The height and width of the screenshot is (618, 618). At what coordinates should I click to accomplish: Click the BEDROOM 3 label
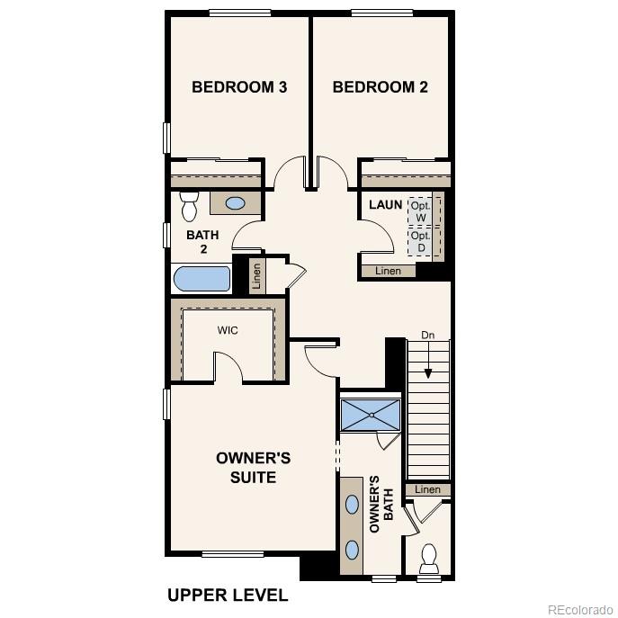click(239, 87)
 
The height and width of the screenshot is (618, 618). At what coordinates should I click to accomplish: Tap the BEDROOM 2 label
click(380, 87)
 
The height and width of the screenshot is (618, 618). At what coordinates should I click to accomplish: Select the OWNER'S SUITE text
click(253, 468)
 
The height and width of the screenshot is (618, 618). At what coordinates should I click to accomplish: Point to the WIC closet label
click(228, 330)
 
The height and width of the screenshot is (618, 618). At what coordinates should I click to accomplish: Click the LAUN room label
click(385, 205)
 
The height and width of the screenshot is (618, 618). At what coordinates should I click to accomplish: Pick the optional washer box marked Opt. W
click(420, 211)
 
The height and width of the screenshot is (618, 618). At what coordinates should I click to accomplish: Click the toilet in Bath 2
click(189, 207)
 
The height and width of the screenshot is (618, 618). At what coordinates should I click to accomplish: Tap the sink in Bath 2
click(235, 203)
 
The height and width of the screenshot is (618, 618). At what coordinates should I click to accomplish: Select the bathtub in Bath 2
click(202, 278)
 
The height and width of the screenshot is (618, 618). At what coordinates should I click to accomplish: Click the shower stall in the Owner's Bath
click(371, 416)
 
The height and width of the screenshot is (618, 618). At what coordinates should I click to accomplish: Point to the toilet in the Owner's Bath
click(429, 558)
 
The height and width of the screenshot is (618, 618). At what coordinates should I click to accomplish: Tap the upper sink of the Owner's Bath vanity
click(352, 504)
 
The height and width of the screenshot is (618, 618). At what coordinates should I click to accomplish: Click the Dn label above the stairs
click(428, 336)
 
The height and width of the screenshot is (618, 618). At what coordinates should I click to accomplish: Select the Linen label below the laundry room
click(388, 271)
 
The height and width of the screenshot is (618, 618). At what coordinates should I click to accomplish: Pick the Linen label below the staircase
click(428, 489)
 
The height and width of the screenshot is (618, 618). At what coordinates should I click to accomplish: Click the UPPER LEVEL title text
click(228, 595)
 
